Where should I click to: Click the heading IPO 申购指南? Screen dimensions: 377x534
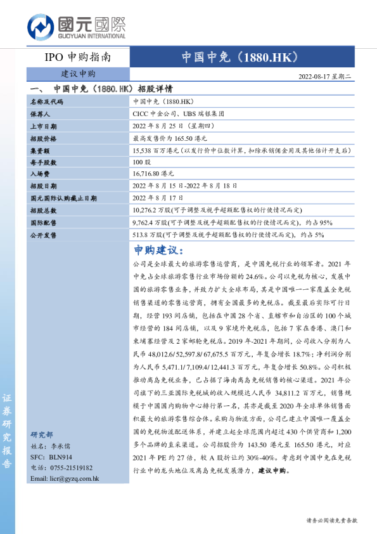coord(78,57)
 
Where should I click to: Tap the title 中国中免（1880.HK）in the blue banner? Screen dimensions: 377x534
coord(240,57)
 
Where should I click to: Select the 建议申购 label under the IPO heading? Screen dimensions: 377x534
coord(78,74)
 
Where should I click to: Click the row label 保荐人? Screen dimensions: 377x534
coord(40,114)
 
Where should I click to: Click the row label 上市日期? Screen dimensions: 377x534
coord(43,126)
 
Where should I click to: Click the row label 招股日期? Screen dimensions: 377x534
coord(43,186)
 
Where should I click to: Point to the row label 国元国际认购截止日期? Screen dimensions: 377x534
coord(63,198)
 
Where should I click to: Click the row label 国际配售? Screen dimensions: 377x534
coord(43,222)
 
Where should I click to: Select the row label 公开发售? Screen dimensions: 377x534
coord(43,234)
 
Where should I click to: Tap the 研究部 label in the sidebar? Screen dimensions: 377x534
coord(42,435)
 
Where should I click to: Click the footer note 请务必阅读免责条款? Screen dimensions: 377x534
coord(331,519)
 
